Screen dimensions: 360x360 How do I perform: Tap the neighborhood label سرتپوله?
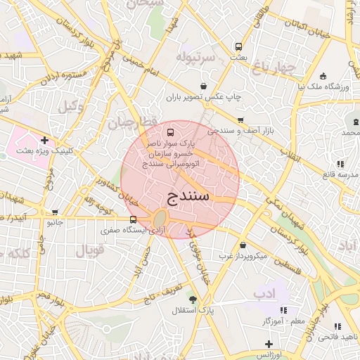pos(200,56)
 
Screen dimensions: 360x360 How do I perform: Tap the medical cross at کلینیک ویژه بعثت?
pos(45,140)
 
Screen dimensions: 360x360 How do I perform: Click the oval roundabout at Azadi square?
pos(160,218)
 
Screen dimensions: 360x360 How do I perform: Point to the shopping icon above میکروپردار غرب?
pos(243,245)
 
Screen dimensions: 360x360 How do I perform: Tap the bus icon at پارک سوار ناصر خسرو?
pos(169,132)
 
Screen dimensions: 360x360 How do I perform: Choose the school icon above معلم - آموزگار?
pos(283,310)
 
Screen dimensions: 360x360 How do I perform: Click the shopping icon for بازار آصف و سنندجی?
pos(241,120)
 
